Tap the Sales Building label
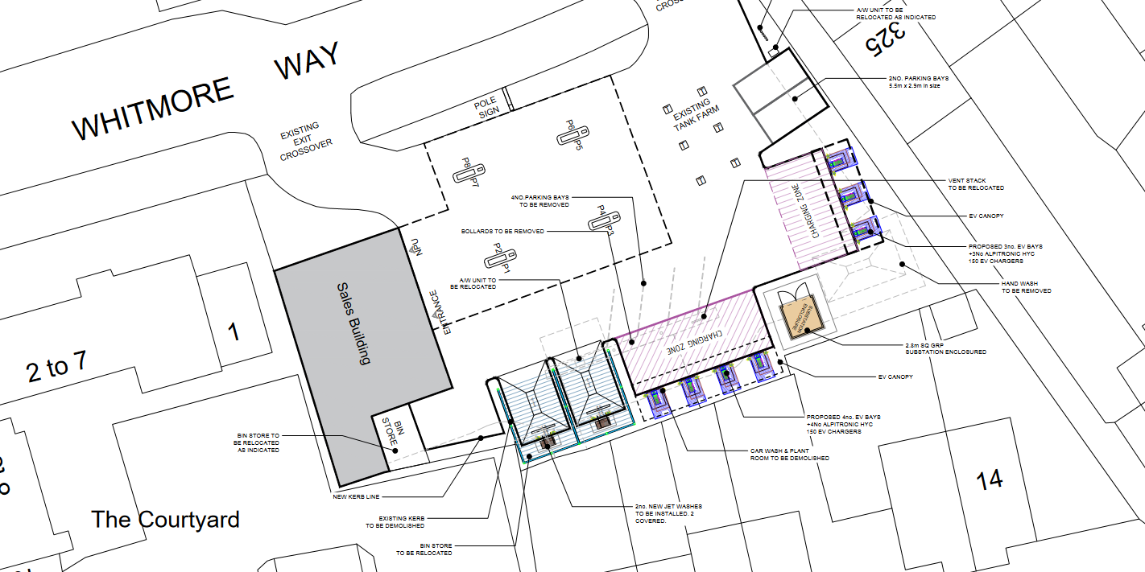pyautogui.click(x=353, y=323)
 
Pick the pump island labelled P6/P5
pyautogui.click(x=574, y=134)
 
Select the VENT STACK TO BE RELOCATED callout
pyautogui.click(x=975, y=184)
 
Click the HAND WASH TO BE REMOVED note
pyautogui.click(x=1026, y=286)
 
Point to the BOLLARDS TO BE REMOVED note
pyautogui.click(x=502, y=232)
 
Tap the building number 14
pyautogui.click(x=989, y=480)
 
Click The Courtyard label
pyautogui.click(x=165, y=520)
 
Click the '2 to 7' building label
pyautogui.click(x=56, y=368)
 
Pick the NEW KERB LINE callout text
pyautogui.click(x=355, y=496)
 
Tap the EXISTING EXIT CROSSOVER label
pyautogui.click(x=300, y=141)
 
